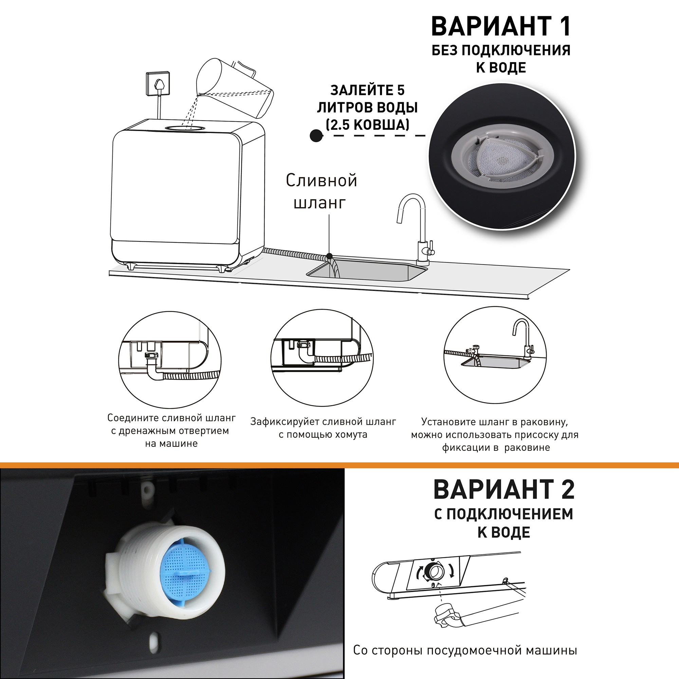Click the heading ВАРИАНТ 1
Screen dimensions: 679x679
[x=500, y=27]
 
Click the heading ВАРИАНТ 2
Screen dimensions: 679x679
[x=503, y=490]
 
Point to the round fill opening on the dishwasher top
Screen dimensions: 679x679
[x=184, y=129]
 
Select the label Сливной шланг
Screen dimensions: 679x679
[x=321, y=191]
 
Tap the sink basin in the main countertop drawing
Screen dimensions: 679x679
[x=366, y=272]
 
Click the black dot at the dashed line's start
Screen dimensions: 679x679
[x=316, y=135]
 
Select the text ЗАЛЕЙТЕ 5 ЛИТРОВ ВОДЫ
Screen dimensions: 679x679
[x=367, y=99]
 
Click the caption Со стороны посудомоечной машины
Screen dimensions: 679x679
[x=465, y=641]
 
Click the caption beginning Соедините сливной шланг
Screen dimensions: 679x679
[x=171, y=430]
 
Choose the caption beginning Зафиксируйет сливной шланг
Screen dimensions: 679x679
[x=323, y=428]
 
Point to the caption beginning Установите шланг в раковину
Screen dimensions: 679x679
[x=495, y=435]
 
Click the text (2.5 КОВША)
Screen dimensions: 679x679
[x=367, y=125]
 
